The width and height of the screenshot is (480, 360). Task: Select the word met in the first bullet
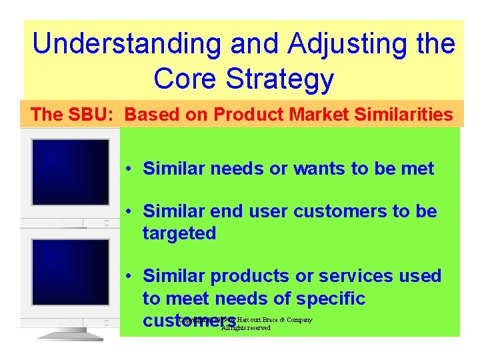pos(419,169)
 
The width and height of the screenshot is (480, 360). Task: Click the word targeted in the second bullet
pos(179,233)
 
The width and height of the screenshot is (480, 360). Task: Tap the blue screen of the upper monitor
pos(70,172)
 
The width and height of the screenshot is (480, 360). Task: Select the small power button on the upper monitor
pos(106,223)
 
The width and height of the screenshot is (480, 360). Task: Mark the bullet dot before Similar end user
pos(128,212)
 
